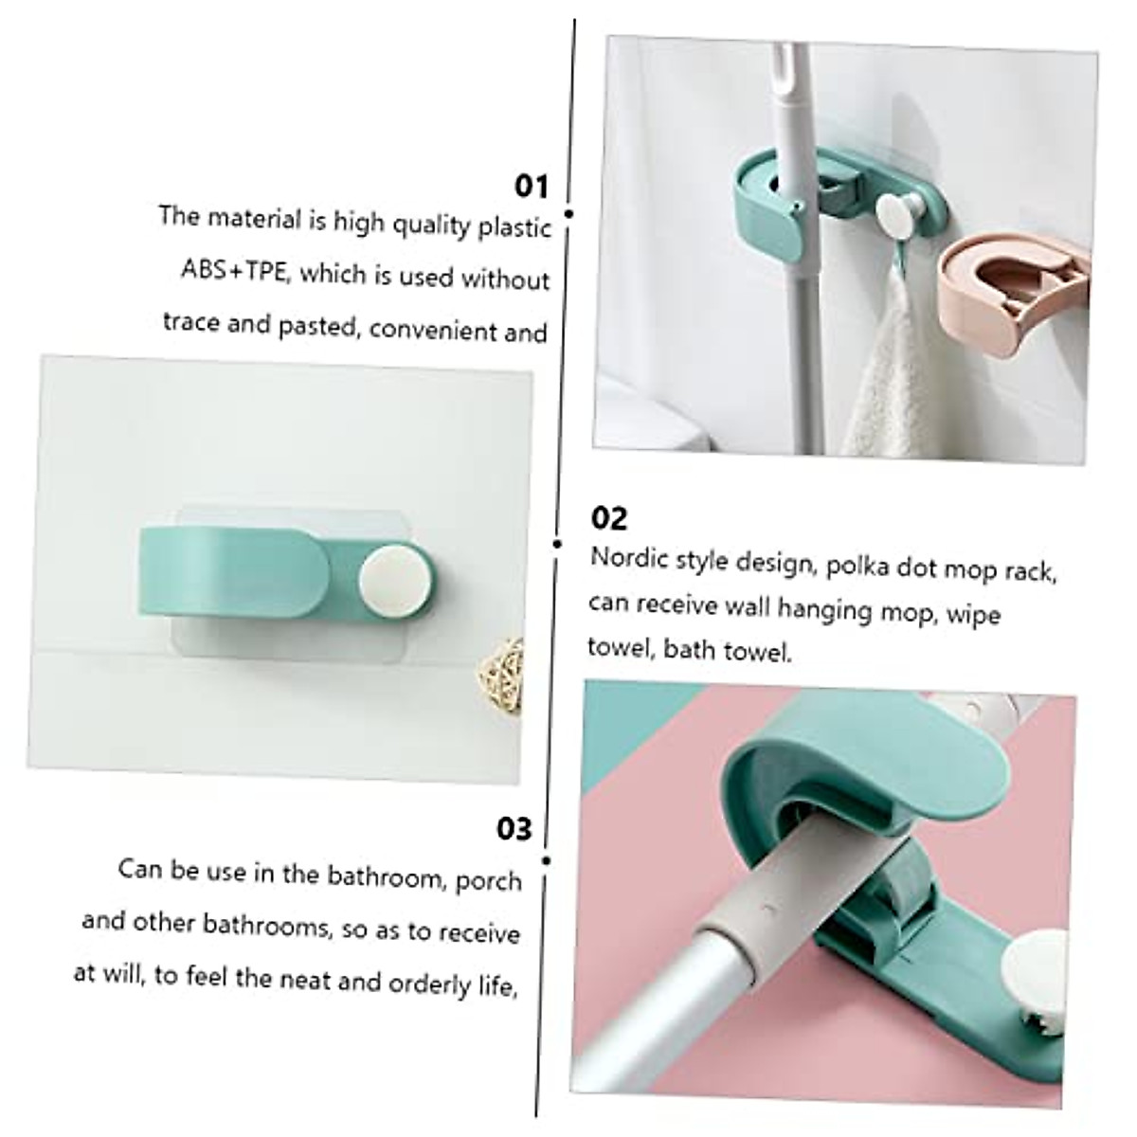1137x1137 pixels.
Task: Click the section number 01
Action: [532, 186]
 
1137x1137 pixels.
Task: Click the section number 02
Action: [609, 517]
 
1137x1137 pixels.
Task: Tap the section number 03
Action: [514, 828]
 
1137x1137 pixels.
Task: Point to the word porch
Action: [489, 880]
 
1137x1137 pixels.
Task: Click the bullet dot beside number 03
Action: [547, 860]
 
